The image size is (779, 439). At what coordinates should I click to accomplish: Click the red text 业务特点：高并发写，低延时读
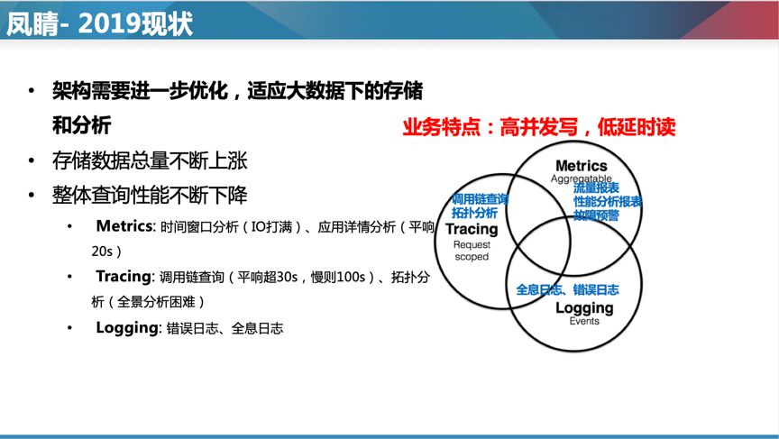[538, 127]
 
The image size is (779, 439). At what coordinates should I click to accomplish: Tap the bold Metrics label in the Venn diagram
[581, 166]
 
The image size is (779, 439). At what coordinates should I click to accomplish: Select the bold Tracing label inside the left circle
[472, 230]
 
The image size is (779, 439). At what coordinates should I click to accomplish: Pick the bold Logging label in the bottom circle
[583, 307]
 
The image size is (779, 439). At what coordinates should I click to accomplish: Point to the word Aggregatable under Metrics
[582, 179]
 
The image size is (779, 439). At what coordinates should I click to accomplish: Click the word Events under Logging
[583, 321]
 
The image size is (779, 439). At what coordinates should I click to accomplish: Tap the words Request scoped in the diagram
[471, 250]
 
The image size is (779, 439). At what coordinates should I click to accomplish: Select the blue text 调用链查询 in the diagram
[481, 199]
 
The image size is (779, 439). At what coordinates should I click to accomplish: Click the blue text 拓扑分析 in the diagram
[474, 214]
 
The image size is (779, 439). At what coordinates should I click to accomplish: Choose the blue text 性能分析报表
[608, 202]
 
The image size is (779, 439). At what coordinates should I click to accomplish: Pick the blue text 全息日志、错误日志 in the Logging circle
[567, 289]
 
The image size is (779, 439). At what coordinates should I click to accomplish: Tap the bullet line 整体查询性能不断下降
[149, 196]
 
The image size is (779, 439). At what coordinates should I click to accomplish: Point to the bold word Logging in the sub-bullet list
[126, 327]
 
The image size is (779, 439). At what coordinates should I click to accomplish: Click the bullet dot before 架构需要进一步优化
[32, 92]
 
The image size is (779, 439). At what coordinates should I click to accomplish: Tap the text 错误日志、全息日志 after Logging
[223, 328]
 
